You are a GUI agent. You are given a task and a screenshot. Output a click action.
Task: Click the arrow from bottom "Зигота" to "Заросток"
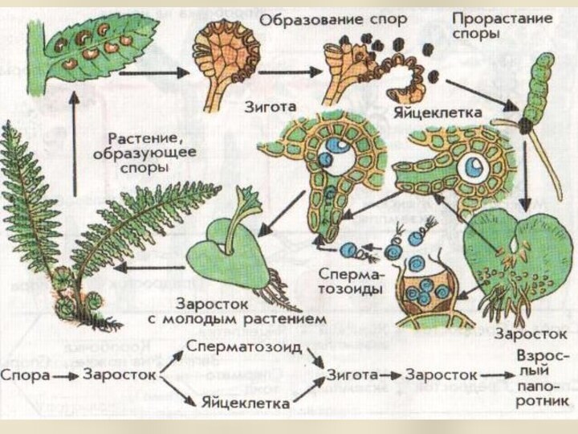(x=391, y=375)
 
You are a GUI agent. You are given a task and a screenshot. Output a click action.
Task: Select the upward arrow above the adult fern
(x=74, y=145)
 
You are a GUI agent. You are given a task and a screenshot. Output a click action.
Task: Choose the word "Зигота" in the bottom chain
(x=352, y=375)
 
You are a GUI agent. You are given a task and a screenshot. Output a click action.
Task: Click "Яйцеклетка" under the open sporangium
(x=438, y=113)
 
